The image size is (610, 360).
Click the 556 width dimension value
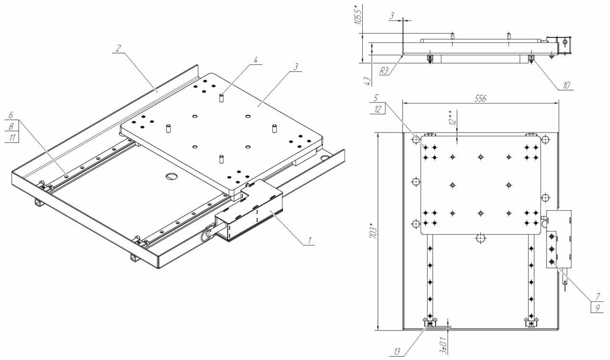[x=480, y=98]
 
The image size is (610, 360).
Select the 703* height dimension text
[x=373, y=231]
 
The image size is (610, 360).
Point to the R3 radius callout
[x=384, y=71]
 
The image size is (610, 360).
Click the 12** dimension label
[x=452, y=118]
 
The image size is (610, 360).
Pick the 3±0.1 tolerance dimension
[x=443, y=345]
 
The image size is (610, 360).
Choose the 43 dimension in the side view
[x=367, y=81]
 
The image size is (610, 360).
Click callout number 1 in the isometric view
[x=309, y=240]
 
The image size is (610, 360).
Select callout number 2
[x=118, y=48]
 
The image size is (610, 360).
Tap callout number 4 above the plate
[x=255, y=60]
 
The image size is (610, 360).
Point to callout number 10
[x=566, y=85]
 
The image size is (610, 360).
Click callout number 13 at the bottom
[x=397, y=351]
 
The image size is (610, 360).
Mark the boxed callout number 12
[x=378, y=109]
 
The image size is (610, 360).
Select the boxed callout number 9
[x=598, y=308]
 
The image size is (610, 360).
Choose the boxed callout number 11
[x=12, y=138]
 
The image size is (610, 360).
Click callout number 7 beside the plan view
[x=598, y=296]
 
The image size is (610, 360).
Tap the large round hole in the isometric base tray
[x=172, y=176]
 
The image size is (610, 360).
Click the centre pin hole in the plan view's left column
[x=452, y=185]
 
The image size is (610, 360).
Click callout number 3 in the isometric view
[x=296, y=67]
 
